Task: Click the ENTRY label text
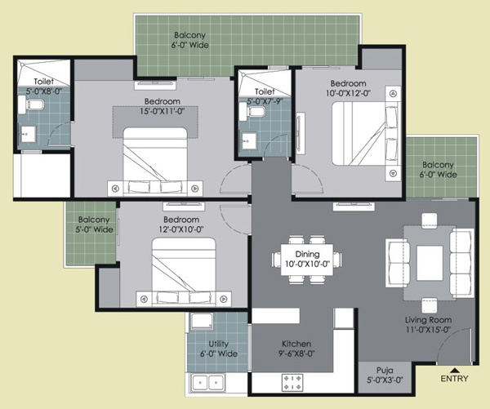[x=454, y=379]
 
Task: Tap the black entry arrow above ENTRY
[x=455, y=371]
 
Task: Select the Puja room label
[x=385, y=375]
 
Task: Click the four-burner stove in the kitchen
[x=292, y=382]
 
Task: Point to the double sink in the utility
[x=207, y=382]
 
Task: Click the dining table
[x=307, y=260]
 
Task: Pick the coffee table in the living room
[x=430, y=263]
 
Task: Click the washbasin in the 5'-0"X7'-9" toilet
[x=249, y=140]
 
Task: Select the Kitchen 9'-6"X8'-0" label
[x=296, y=349]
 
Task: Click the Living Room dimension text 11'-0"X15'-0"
[x=427, y=330]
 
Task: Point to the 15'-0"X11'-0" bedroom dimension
[x=162, y=111]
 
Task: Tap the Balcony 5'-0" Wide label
[x=94, y=225]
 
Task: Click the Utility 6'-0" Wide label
[x=218, y=349]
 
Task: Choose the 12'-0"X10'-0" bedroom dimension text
[x=181, y=229]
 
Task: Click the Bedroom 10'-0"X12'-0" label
[x=349, y=88]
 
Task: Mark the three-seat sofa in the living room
[x=461, y=262]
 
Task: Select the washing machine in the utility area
[x=203, y=321]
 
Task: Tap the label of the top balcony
[x=190, y=40]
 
